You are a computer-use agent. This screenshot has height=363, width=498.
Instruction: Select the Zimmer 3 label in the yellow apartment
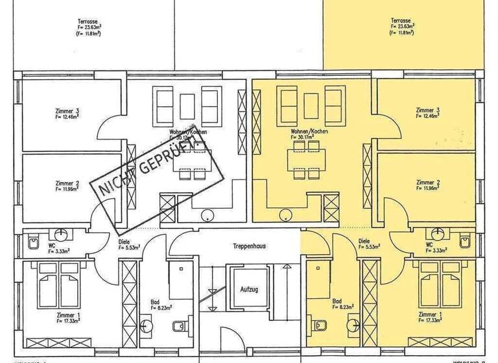428,110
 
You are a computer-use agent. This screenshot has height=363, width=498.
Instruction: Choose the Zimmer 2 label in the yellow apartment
428,183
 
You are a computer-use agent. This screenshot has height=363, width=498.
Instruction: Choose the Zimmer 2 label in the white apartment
67,183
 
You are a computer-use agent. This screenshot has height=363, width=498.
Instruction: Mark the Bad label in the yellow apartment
337,301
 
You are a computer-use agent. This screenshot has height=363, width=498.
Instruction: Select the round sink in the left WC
63,232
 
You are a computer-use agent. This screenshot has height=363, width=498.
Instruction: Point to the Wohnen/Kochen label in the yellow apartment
310,132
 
